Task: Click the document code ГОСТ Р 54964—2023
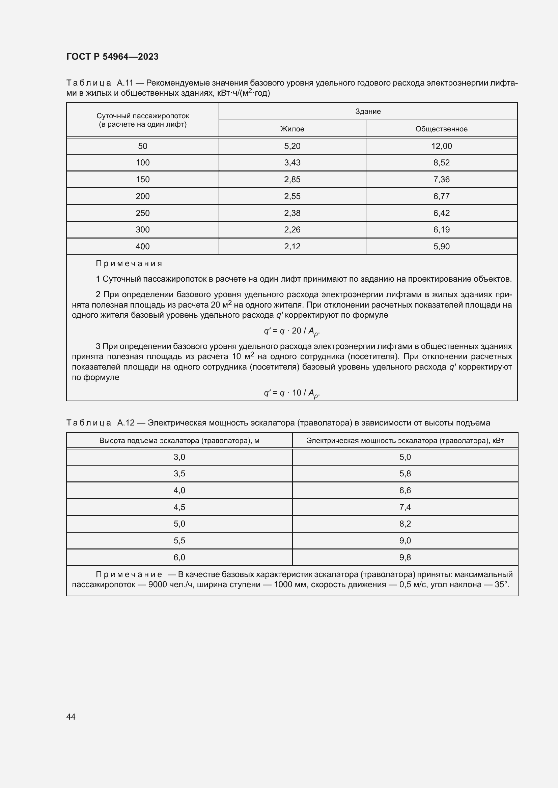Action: coord(112,57)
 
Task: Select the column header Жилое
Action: coord(292,129)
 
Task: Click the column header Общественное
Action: coord(441,129)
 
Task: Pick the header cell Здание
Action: coord(368,112)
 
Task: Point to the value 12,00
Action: coord(441,146)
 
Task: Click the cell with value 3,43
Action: coord(292,163)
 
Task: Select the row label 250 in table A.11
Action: coord(143,213)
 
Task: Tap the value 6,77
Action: coord(441,196)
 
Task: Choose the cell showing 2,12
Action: coord(292,246)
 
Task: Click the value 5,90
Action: coord(441,246)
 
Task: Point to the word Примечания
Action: coord(129,263)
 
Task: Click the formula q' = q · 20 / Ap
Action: coord(292,331)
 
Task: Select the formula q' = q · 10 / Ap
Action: coord(292,393)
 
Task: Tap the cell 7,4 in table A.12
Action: coord(405,507)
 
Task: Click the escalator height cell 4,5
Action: coord(179,507)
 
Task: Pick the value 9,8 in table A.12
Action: coord(405,557)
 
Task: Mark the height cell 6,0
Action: coord(179,557)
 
